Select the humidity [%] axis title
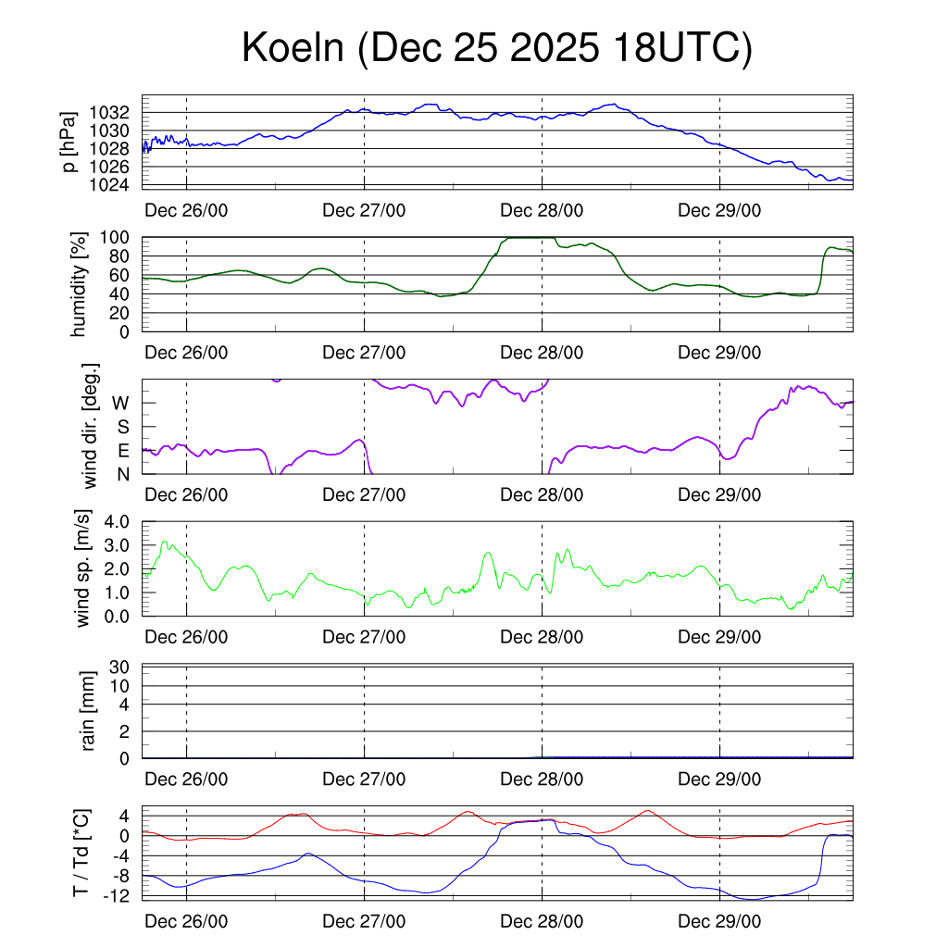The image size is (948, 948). click(80, 284)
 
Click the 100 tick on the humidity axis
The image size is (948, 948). click(115, 237)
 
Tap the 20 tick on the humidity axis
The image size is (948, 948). click(119, 313)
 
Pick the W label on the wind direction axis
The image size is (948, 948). click(120, 403)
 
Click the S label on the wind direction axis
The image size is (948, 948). click(121, 427)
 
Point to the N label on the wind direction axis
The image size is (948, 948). click(121, 475)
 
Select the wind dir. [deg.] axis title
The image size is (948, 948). click(91, 426)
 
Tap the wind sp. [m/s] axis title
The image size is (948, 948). click(83, 568)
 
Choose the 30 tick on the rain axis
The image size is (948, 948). click(119, 667)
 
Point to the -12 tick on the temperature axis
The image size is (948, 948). click(115, 895)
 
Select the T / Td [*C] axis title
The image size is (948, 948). click(81, 853)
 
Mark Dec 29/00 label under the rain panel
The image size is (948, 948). click(719, 780)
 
